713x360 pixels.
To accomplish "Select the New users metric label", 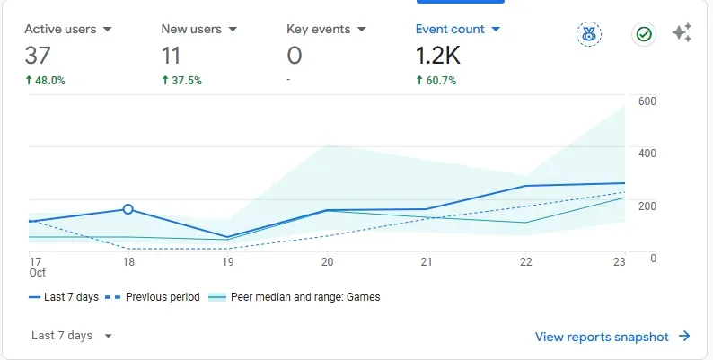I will point(191,30).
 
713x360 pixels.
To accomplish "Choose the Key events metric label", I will point(318,30).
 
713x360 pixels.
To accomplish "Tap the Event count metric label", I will point(450,30).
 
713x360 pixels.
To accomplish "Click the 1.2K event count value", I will point(437,56).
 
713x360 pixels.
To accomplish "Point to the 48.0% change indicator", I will point(45,81).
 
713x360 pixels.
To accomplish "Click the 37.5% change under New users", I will point(181,81).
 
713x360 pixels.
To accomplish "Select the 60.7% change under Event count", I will point(436,81).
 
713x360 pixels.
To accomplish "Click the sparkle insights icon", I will point(682,34).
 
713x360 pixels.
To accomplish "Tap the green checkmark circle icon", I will point(644,34).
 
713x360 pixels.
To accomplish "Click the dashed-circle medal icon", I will point(589,34).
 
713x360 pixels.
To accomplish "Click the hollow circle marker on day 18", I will point(128,209).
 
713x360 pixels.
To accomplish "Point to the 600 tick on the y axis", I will point(647,101).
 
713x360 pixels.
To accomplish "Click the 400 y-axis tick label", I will point(647,154).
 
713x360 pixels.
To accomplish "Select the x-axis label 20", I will point(327,262).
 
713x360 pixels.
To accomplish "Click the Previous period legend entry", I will point(153,297).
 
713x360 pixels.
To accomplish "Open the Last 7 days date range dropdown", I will point(72,336).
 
